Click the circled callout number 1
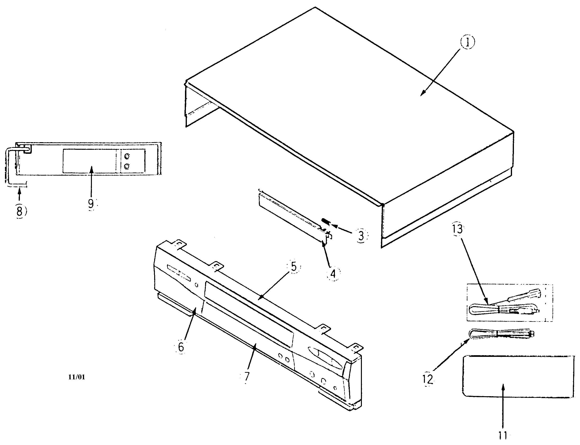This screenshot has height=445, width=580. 467,43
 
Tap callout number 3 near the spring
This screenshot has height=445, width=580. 361,236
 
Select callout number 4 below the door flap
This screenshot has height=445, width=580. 333,274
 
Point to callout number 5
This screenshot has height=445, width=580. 294,267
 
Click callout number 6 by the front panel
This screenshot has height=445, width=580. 181,347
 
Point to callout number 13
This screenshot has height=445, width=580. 457,229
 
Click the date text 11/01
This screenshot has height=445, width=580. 76,377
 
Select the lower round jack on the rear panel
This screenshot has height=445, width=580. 127,166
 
